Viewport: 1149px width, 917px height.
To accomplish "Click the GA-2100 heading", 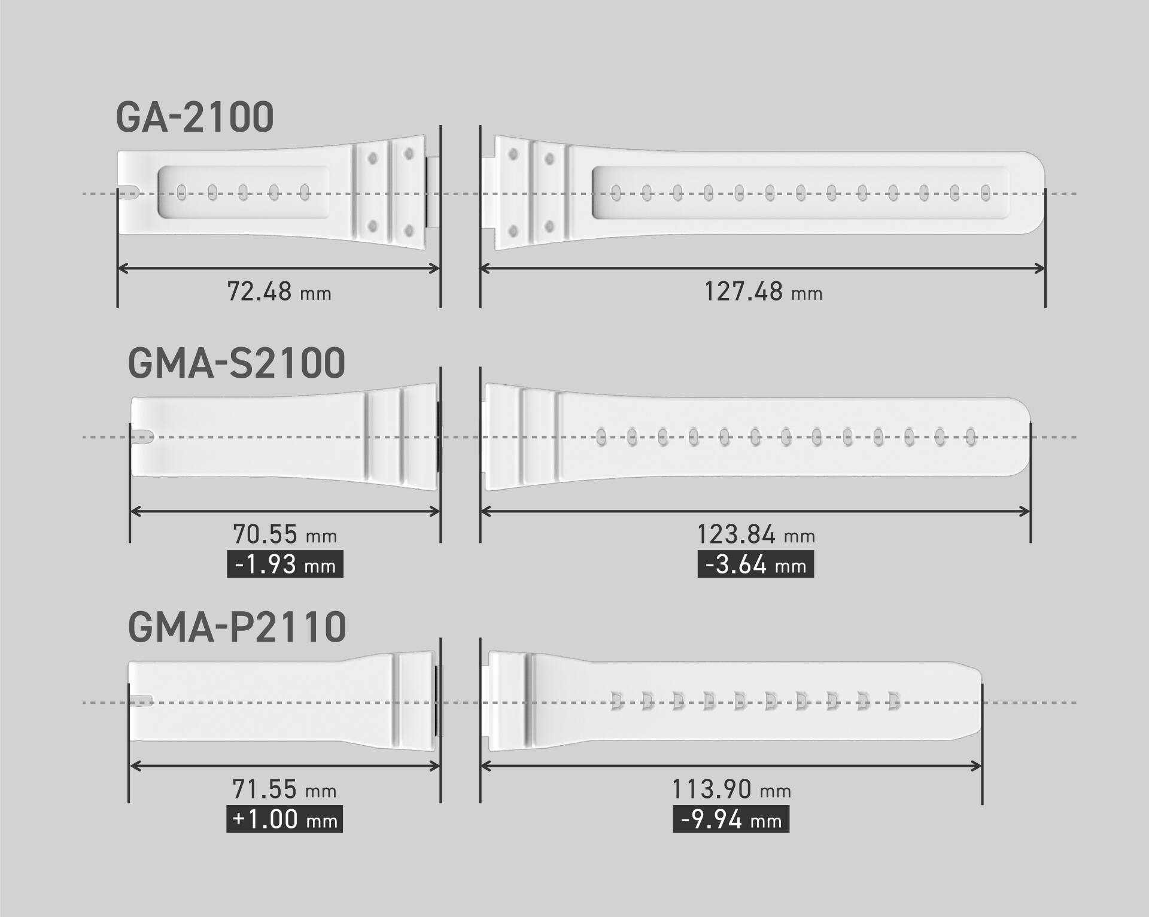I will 194,117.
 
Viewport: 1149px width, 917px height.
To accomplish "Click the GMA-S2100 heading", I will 236,363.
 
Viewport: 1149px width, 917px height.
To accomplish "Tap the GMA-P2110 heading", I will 237,627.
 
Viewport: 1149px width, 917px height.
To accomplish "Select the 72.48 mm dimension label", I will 279,292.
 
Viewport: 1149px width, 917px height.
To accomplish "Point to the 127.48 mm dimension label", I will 762,292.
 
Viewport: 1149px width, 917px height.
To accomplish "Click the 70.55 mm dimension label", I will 285,534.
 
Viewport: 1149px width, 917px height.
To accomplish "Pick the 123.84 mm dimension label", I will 756,535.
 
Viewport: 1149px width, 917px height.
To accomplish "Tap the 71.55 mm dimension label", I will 284,790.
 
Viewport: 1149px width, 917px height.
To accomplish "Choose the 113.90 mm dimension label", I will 731,790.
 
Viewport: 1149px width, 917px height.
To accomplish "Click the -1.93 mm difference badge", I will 285,565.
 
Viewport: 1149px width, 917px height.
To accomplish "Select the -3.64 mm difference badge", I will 756,565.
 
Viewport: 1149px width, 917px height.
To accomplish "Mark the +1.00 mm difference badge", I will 284,819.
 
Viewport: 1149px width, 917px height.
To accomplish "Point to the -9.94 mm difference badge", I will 731,819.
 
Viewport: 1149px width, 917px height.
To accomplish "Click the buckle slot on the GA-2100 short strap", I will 129,193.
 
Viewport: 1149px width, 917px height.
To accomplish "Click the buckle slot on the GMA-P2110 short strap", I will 141,702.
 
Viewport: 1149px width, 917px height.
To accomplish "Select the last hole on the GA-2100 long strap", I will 986,192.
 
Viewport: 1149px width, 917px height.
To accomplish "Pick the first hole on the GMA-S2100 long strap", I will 601,437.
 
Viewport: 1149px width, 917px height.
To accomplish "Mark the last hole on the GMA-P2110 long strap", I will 893,701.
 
